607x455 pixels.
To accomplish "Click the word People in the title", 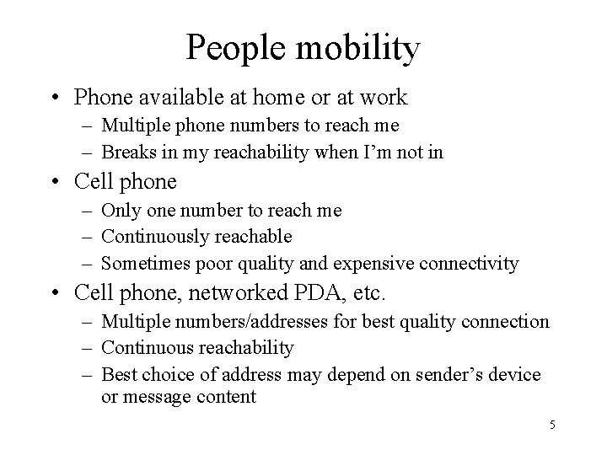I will click(x=235, y=48).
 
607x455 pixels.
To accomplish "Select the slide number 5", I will click(x=551, y=424).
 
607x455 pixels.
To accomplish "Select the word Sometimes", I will click(x=142, y=264).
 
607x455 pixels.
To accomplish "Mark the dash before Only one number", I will click(x=88, y=211).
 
